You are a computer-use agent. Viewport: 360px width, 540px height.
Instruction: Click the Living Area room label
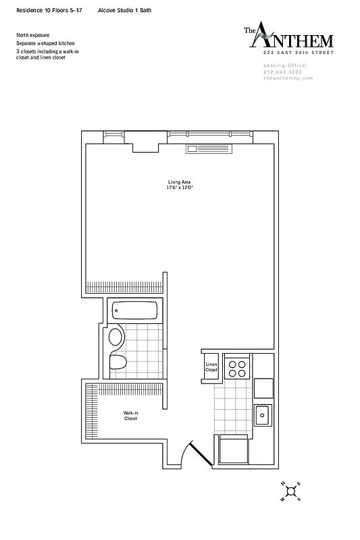pos(179,182)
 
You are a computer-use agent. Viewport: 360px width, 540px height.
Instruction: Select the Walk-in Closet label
pos(130,416)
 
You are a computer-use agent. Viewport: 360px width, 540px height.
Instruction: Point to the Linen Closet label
pos(211,367)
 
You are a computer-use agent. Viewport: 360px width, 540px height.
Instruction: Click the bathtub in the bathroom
pos(135,311)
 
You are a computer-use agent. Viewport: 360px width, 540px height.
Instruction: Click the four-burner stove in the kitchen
pos(237,368)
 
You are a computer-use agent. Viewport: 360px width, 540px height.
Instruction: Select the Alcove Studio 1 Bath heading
pos(129,11)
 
